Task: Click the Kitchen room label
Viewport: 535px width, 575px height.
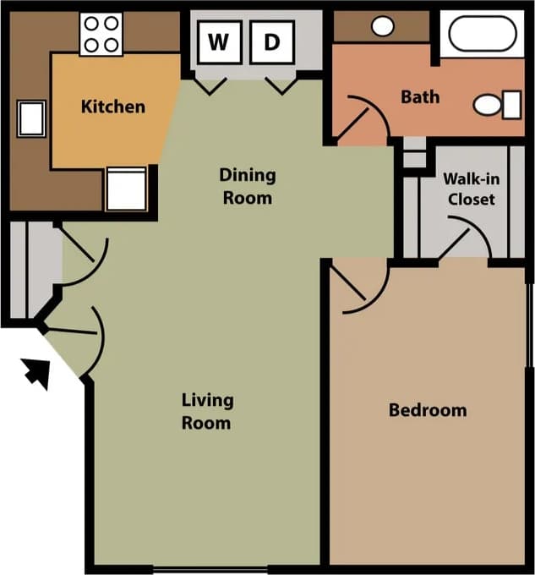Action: click(x=112, y=107)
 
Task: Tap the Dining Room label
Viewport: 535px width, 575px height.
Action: click(x=247, y=186)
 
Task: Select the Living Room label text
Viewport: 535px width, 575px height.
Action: click(x=206, y=411)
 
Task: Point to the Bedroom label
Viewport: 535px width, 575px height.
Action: click(x=427, y=410)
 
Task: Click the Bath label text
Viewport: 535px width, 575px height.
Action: click(x=419, y=96)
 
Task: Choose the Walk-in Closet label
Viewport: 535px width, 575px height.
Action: click(x=470, y=189)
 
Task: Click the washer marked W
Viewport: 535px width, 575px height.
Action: click(x=219, y=42)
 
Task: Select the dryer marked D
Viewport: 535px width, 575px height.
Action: click(x=271, y=42)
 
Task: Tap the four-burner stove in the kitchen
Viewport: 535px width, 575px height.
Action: click(x=101, y=34)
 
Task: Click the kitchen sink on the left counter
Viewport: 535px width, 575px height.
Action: click(x=31, y=118)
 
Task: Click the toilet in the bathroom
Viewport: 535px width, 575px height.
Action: click(x=497, y=105)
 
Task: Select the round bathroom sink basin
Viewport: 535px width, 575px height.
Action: click(x=382, y=25)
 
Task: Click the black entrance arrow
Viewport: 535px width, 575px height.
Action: click(x=35, y=371)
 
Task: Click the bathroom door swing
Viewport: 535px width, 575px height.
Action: click(x=363, y=118)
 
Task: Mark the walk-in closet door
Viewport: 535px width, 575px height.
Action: click(x=466, y=238)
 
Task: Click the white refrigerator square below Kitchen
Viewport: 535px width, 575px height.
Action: click(x=126, y=189)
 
